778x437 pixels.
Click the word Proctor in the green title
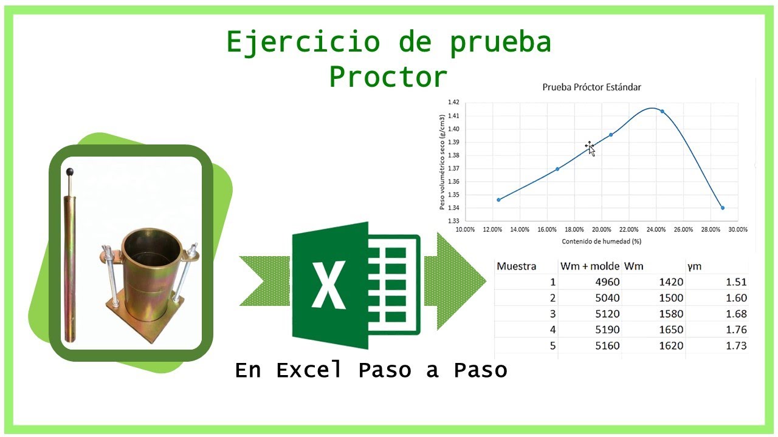point(388,77)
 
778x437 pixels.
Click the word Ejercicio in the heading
point(304,42)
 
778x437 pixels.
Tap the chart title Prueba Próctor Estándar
point(591,87)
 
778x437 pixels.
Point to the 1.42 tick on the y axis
point(453,103)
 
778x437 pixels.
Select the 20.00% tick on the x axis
point(601,229)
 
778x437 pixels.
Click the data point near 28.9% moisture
point(722,208)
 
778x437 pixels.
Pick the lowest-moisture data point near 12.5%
point(498,200)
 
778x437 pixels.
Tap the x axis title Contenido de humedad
point(602,241)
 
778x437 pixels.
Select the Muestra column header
point(517,266)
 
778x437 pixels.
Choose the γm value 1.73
point(736,345)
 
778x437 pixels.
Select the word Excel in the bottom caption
point(309,370)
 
